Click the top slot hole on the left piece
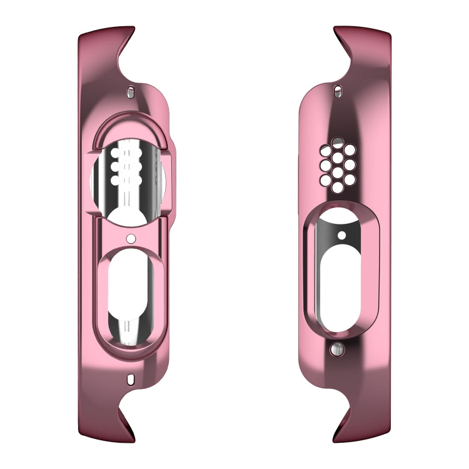(x=130, y=92)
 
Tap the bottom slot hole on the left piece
(x=130, y=379)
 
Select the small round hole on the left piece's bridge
(x=131, y=238)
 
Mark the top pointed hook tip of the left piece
(x=133, y=28)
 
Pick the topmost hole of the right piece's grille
(x=338, y=143)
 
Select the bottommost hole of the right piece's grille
(x=338, y=188)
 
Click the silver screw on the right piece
(x=338, y=350)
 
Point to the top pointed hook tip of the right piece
(x=335, y=28)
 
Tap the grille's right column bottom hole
(x=350, y=180)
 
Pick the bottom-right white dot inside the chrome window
(x=139, y=180)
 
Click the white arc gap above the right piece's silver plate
(x=338, y=216)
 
